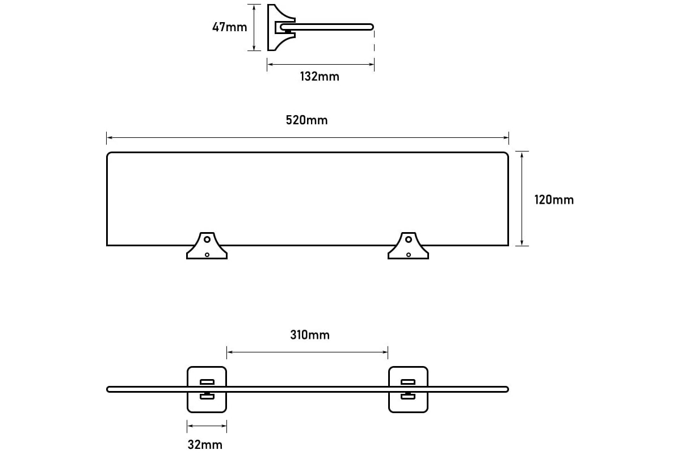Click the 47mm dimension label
[229, 27]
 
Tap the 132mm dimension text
[320, 77]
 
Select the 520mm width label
[307, 120]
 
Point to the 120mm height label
[554, 200]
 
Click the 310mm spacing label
[310, 335]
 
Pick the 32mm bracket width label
[205, 445]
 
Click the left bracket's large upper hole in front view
[207, 239]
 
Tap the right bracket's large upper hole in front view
[409, 239]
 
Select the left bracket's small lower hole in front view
[207, 255]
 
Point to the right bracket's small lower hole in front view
[409, 255]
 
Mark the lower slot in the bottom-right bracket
[408, 397]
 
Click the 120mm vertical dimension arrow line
[522, 199]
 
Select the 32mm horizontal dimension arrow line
[207, 426]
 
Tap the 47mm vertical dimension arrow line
[254, 27]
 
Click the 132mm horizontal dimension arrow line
[321, 65]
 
